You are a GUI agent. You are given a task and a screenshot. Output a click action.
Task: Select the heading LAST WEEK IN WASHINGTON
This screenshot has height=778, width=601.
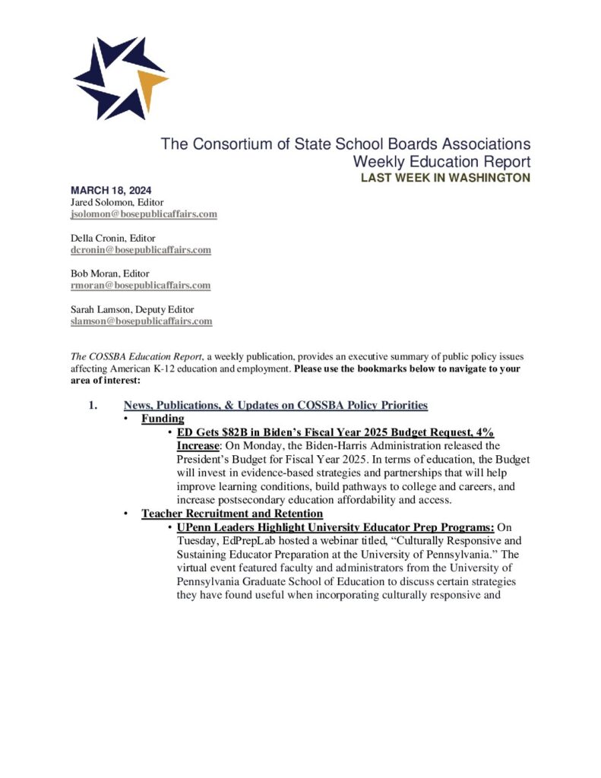445,178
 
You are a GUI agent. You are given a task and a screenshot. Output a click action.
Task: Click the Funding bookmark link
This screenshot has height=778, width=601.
163,419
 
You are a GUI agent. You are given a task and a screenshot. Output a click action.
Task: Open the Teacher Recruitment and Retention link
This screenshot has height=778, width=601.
232,514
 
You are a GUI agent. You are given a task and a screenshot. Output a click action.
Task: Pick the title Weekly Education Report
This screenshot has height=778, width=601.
441,162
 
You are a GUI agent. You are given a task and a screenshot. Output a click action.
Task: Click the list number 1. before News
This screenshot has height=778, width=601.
93,406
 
